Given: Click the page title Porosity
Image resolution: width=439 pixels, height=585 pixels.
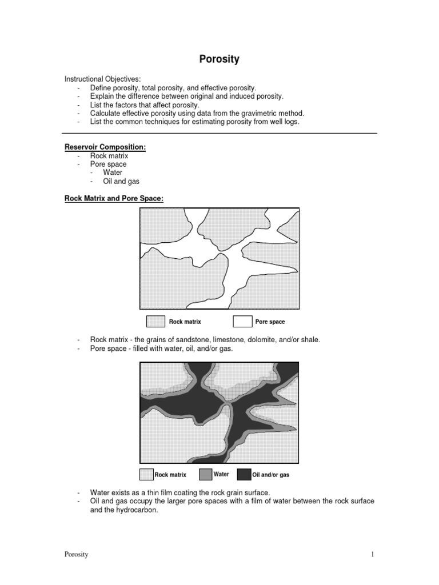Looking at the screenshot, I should (219, 58).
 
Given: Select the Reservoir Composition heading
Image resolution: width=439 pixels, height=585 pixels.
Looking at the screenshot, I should (105, 147).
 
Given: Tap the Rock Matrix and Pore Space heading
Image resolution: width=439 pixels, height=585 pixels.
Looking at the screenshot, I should (114, 198).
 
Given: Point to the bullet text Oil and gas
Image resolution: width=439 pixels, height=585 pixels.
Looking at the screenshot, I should (121, 181).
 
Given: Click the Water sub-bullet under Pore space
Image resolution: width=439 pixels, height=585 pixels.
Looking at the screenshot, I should (113, 173).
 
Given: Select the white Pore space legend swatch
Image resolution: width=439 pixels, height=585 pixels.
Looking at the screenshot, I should (243, 322).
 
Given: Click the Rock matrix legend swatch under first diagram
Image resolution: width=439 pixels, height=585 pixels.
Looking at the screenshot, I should (156, 322).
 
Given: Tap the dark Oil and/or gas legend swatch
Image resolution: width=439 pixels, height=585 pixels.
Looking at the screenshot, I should (244, 474).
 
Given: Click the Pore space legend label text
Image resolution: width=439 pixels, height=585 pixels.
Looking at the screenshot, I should (270, 322).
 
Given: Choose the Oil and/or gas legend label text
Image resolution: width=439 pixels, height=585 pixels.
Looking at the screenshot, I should (271, 475).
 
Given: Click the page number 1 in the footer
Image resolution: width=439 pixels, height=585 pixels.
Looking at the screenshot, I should (372, 554).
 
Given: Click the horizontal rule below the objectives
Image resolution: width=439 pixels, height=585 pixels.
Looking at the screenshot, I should (220, 133).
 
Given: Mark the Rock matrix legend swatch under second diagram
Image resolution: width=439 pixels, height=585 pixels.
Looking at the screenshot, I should (147, 474).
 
